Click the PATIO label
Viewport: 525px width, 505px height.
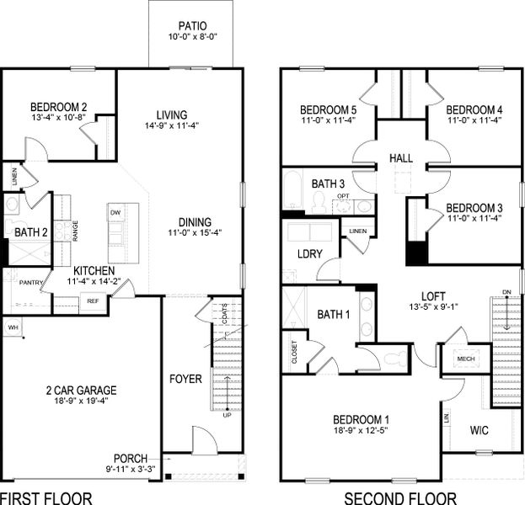click(x=192, y=27)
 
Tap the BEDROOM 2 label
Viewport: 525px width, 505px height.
click(x=59, y=107)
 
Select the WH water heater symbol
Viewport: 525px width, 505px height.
click(x=13, y=327)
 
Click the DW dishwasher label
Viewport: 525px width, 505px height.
click(x=115, y=214)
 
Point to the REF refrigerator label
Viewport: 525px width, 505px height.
click(x=93, y=300)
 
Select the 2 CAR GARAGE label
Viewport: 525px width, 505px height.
click(x=81, y=390)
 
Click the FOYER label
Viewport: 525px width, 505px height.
click(x=185, y=380)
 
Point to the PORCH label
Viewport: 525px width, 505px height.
click(x=131, y=459)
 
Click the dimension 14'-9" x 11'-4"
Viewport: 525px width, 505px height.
click(x=172, y=126)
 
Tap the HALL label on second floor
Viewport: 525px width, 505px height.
click(x=400, y=158)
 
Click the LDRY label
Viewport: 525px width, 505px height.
click(x=305, y=254)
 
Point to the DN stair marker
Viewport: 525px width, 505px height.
click(x=506, y=292)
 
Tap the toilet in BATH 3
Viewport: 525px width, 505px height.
click(x=319, y=200)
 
